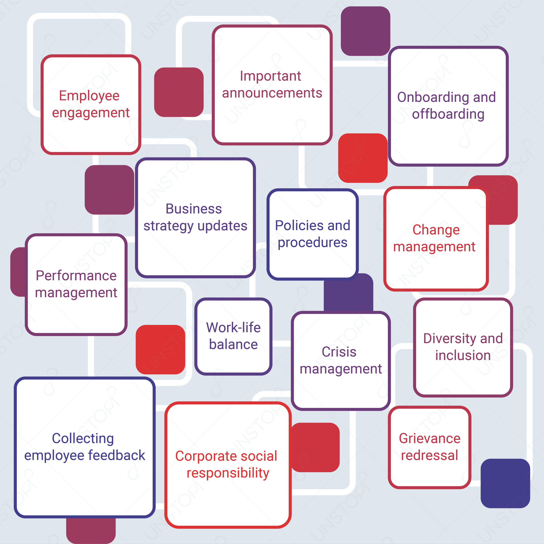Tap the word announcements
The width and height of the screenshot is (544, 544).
tap(272, 93)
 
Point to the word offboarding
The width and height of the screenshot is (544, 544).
tap(448, 114)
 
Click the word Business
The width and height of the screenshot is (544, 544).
tap(194, 209)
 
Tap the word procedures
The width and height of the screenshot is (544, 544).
tap(313, 243)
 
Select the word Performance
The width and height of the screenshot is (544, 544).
tap(76, 276)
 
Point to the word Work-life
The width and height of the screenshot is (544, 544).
tap(233, 327)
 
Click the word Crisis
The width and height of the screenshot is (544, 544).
tap(339, 352)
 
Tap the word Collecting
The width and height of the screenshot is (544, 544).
tap(83, 439)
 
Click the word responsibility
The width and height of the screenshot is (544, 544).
tap(228, 473)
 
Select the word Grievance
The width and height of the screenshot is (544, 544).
tap(430, 438)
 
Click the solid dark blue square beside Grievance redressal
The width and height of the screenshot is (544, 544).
tap(505, 483)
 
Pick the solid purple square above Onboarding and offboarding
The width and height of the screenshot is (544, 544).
tap(365, 31)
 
